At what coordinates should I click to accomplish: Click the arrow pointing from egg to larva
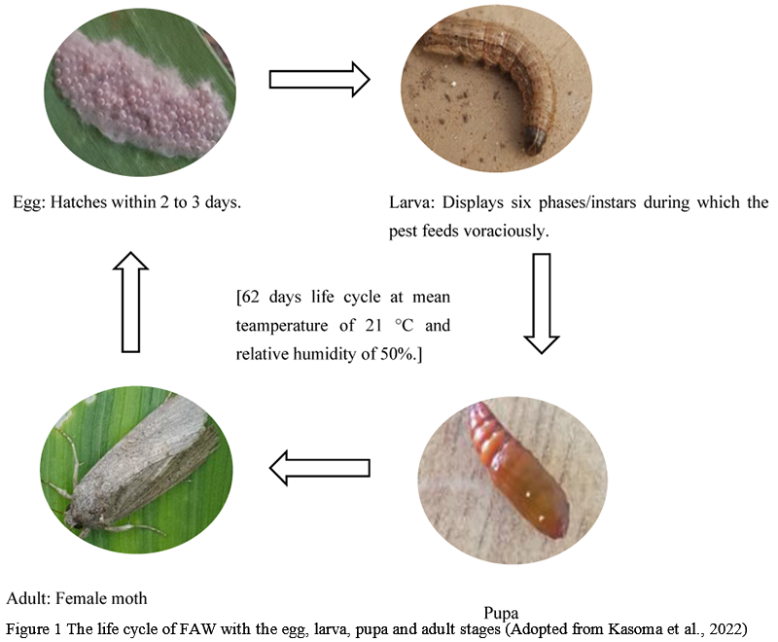(x=319, y=79)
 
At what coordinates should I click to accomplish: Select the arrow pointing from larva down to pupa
(x=541, y=303)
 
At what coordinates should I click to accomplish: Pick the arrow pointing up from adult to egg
(x=136, y=303)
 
